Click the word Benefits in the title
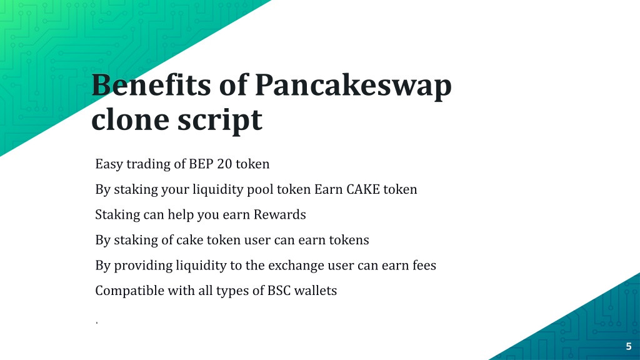click(151, 85)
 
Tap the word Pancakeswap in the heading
click(354, 87)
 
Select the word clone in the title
click(130, 119)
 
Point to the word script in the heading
click(219, 121)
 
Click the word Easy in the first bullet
click(109, 164)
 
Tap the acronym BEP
click(201, 164)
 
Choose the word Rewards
click(279, 215)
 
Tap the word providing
click(143, 266)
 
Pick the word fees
click(424, 265)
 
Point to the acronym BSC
click(279, 291)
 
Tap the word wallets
click(316, 291)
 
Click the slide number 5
click(629, 346)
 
